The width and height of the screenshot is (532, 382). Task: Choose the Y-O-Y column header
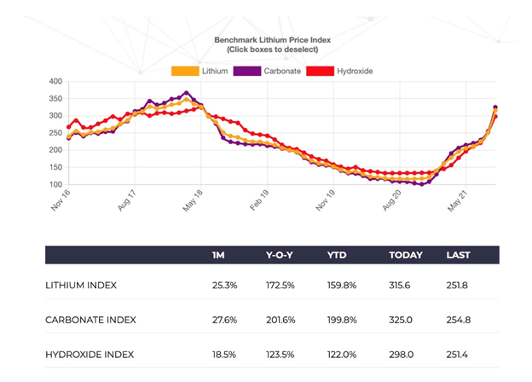[x=280, y=255]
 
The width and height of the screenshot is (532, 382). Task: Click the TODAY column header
[x=405, y=255]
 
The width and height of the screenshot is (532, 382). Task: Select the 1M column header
[x=219, y=255]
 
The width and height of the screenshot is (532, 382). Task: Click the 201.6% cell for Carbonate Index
[x=282, y=320]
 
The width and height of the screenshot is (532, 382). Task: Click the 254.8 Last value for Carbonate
[x=459, y=320]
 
